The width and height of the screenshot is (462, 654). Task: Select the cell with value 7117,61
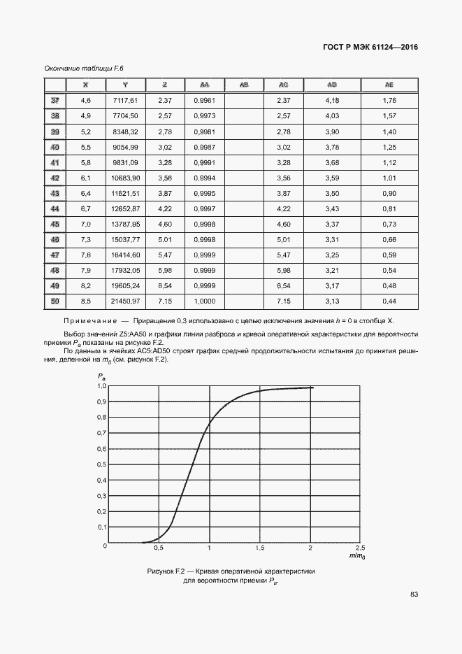coord(127,101)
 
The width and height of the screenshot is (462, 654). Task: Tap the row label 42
coord(55,178)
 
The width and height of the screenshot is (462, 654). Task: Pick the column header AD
coord(332,85)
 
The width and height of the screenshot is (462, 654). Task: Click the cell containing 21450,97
coord(127,301)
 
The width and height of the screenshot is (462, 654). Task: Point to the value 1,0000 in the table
coord(204,301)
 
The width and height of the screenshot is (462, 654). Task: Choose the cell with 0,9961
coord(204,101)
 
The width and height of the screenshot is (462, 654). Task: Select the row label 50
coord(55,301)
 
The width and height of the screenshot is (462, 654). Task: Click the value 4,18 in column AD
coord(332,101)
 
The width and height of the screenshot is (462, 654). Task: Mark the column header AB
coord(243,85)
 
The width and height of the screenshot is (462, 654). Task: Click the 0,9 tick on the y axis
coord(101,401)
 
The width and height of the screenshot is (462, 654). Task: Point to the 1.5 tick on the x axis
coord(260,548)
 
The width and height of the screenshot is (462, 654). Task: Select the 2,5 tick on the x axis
coord(361,548)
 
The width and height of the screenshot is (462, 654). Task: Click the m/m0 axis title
coord(356,556)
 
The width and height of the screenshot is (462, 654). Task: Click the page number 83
coord(414,595)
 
